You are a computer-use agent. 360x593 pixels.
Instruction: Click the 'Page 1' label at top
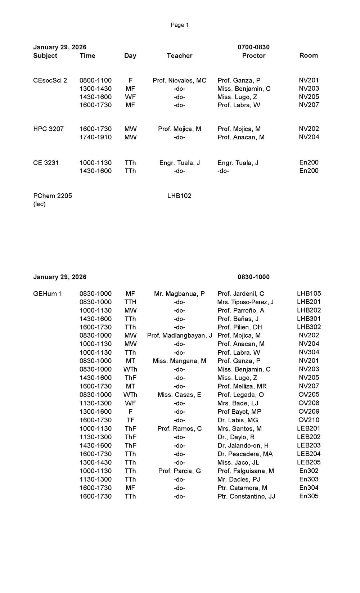180,25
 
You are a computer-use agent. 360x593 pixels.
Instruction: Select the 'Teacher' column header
179,55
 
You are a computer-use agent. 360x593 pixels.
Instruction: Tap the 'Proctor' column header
253,55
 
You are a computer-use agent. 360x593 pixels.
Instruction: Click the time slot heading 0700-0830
253,47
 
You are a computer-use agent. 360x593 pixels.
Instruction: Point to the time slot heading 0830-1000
253,277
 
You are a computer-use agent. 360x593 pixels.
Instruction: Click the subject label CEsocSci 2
50,80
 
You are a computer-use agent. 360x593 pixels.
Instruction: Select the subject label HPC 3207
48,129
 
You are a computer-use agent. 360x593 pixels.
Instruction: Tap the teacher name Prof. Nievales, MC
179,80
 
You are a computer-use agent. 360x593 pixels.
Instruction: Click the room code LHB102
179,196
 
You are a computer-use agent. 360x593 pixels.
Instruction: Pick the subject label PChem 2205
53,196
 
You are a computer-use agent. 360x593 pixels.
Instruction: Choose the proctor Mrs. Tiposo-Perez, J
245,302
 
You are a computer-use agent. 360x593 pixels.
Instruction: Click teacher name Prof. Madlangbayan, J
179,336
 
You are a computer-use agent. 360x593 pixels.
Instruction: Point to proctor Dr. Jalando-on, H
243,445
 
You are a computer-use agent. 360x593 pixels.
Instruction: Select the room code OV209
309,412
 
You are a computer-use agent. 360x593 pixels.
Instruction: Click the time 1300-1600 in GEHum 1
95,412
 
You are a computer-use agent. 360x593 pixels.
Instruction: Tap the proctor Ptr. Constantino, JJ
246,496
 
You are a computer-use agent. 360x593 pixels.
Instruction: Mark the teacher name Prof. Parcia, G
179,471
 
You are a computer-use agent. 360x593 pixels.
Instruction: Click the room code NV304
309,352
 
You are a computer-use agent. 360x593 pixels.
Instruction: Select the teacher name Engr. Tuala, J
179,163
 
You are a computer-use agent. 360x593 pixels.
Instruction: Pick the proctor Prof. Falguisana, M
246,471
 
